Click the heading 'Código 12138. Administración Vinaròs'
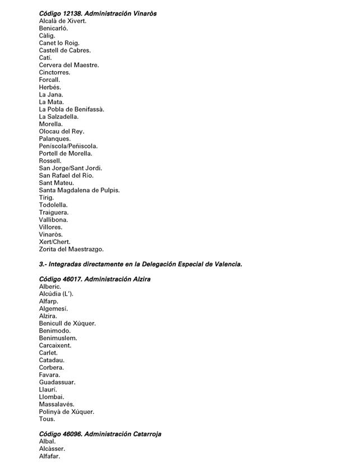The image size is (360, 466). tap(98, 13)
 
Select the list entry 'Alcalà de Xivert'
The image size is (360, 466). tap(63, 21)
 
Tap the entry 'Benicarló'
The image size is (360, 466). tap(53, 28)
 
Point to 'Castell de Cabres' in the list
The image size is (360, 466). tap(64, 50)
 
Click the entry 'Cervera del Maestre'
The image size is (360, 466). tap(69, 65)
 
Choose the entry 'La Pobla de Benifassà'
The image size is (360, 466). tap(72, 109)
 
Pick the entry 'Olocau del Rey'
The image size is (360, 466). tap(62, 131)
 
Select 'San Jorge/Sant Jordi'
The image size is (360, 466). tap(71, 168)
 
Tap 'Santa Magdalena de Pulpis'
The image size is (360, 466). tap(79, 190)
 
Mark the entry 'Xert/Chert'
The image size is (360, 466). tap(55, 242)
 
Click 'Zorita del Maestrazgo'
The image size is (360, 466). tap(71, 249)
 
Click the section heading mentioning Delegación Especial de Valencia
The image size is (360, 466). tap(140, 264)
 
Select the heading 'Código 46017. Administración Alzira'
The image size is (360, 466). tap(95, 279)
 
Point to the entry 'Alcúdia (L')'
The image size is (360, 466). tap(56, 294)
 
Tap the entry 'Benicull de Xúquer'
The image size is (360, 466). tap(67, 324)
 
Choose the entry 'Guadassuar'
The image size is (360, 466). tap(57, 382)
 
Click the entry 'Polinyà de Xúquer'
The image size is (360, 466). tap(67, 412)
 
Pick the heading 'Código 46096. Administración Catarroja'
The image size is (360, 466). tap(100, 434)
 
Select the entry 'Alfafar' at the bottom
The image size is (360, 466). tap(49, 456)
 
